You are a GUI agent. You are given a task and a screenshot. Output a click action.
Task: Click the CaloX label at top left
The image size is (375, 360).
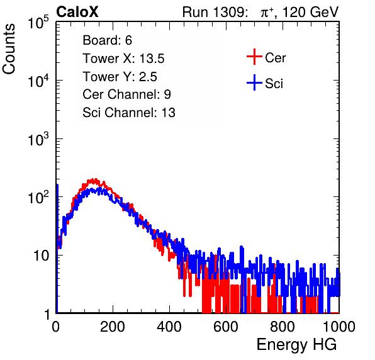point(77,12)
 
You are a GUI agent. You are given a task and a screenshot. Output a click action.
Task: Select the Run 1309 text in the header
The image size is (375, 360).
point(215,12)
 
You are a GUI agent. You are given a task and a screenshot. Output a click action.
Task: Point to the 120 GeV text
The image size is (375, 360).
point(311,12)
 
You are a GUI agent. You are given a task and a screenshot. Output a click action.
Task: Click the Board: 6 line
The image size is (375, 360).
point(108,40)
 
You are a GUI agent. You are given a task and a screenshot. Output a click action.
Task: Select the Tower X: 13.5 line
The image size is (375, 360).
point(124,59)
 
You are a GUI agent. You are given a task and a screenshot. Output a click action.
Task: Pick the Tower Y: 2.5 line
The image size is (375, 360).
point(120,77)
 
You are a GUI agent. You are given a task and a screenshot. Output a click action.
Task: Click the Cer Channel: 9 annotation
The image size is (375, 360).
point(126,94)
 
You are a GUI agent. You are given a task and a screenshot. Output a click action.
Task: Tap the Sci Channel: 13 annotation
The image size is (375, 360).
point(129,113)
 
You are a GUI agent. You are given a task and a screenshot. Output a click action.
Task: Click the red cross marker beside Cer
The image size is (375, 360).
point(254,57)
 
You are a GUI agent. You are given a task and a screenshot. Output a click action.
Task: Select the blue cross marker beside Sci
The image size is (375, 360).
point(254,82)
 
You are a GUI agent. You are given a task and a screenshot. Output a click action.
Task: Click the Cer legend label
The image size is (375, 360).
point(276,58)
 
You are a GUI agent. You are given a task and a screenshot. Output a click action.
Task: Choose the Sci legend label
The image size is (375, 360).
point(274,84)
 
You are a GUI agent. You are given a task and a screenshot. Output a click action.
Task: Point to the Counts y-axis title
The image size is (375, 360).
point(9,48)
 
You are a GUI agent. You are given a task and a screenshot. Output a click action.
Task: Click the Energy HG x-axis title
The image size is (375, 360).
point(296,345)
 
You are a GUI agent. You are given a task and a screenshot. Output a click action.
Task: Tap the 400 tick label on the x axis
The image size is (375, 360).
point(169,327)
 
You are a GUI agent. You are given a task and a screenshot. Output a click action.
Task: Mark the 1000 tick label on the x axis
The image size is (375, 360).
point(339,327)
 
